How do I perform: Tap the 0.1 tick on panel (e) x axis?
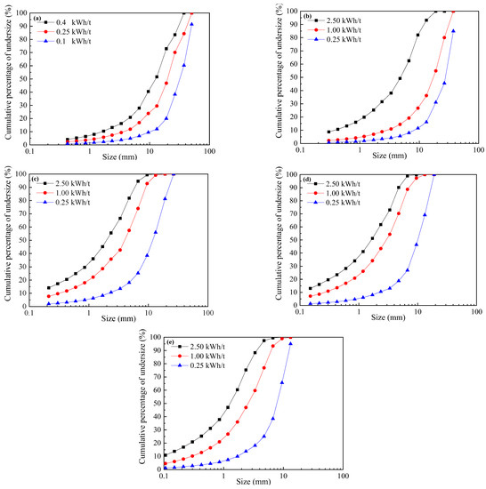point(164,476)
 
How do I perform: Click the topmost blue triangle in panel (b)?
point(454,31)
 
